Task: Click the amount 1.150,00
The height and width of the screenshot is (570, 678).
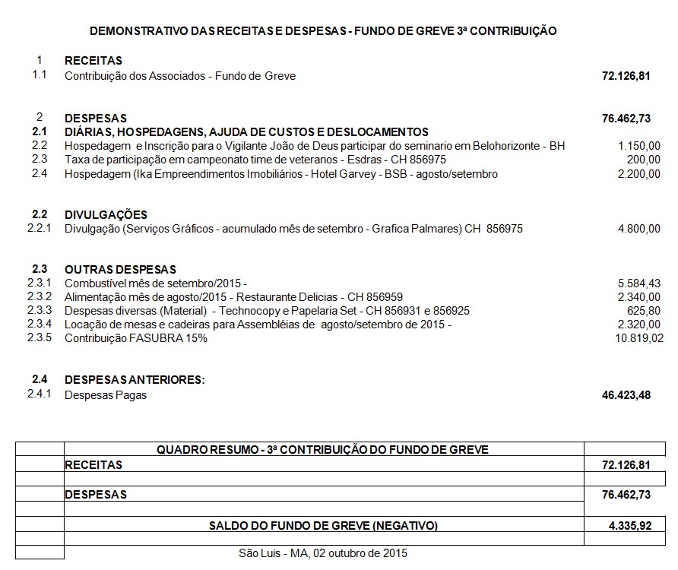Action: coord(639,146)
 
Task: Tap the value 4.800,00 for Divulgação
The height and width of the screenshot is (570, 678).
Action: coord(639,229)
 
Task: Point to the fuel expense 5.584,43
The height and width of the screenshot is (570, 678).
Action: coord(639,283)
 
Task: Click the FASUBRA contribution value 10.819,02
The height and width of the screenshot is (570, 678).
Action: coord(637,339)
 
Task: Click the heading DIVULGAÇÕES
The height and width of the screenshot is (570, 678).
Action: coord(106,215)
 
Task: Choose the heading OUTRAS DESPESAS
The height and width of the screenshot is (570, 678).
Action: coord(120,270)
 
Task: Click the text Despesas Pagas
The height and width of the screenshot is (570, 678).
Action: coord(106,395)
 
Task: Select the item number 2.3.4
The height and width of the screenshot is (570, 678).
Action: coord(39,325)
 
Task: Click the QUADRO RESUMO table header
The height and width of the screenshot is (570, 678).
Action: coord(322,449)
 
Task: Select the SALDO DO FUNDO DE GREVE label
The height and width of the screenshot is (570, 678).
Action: coord(323,525)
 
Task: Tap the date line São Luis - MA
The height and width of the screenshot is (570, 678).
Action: coord(322,553)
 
